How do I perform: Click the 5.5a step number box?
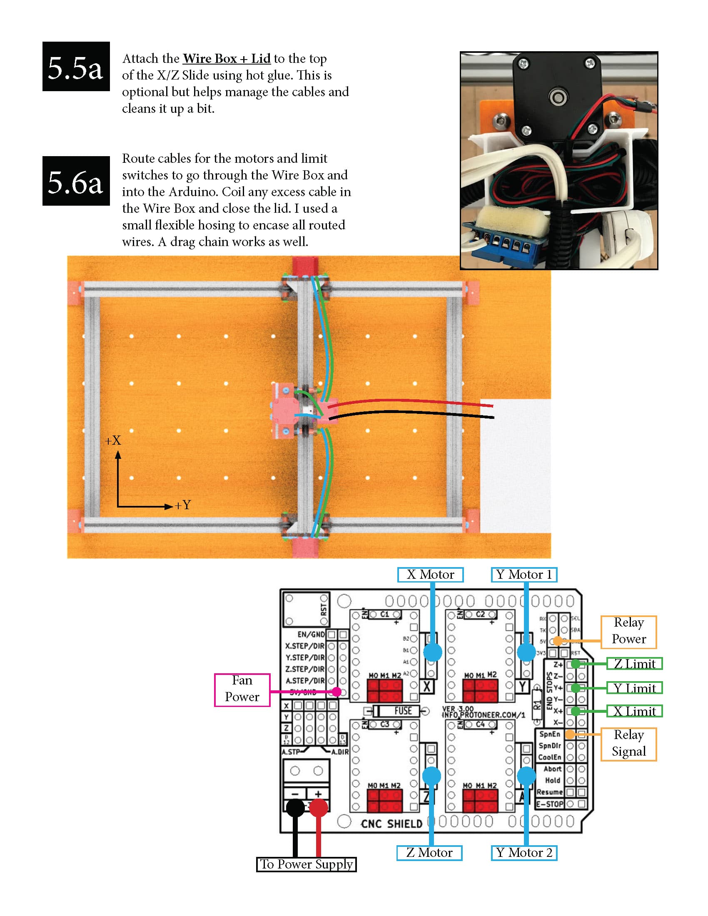pyautogui.click(x=76, y=66)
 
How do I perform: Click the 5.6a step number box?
pyautogui.click(x=76, y=181)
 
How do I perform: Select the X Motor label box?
pyautogui.click(x=430, y=574)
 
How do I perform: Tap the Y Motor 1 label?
pyautogui.click(x=524, y=574)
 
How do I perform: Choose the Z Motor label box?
pyautogui.click(x=429, y=853)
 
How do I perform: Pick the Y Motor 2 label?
pyautogui.click(x=524, y=853)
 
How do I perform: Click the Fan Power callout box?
pyautogui.click(x=242, y=690)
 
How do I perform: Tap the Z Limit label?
pyautogui.click(x=634, y=664)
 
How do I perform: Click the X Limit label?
pyautogui.click(x=634, y=711)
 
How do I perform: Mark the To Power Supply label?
pyautogui.click(x=306, y=864)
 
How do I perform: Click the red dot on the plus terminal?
pyautogui.click(x=318, y=807)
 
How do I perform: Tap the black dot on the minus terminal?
pyautogui.click(x=295, y=807)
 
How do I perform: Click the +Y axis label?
pyautogui.click(x=183, y=505)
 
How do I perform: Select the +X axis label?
pyautogui.click(x=113, y=441)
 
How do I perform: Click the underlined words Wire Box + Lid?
pyautogui.click(x=227, y=58)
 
